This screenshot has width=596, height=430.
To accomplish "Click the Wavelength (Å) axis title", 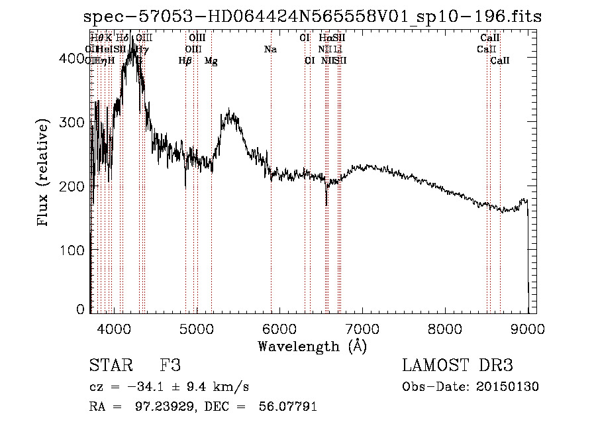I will click(x=312, y=345).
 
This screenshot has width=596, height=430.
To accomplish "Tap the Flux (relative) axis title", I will click(x=44, y=174).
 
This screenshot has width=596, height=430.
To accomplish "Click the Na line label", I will click(x=270, y=49).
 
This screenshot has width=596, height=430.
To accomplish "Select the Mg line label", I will click(x=211, y=61).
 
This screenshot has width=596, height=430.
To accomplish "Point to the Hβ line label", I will click(x=185, y=61).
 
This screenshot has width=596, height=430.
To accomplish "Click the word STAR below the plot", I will click(x=109, y=366).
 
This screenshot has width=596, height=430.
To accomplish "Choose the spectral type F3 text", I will click(x=170, y=366).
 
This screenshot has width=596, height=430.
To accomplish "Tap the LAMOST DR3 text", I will click(x=458, y=366).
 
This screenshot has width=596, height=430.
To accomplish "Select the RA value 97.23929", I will click(x=154, y=407).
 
